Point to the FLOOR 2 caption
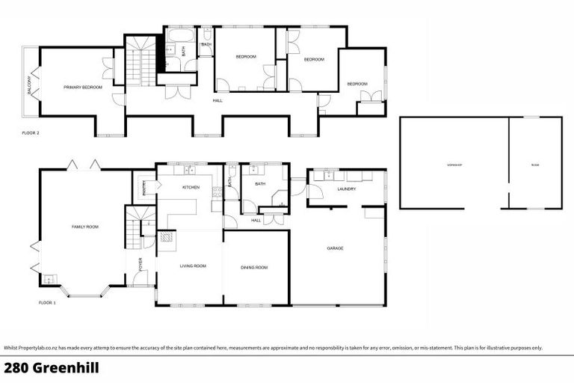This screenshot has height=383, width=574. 32,132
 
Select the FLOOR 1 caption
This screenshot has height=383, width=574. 47,303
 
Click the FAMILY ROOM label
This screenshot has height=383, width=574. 84,227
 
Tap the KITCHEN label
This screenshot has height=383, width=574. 191,187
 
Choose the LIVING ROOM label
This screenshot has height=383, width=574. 192,266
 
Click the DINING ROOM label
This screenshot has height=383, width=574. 254,267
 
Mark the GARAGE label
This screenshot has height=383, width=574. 335,248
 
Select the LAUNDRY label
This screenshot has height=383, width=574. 346,189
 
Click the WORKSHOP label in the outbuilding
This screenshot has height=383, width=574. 454,164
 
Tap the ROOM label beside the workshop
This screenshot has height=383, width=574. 534,164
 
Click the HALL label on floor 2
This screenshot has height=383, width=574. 217,100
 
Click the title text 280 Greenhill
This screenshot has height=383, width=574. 51,368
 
